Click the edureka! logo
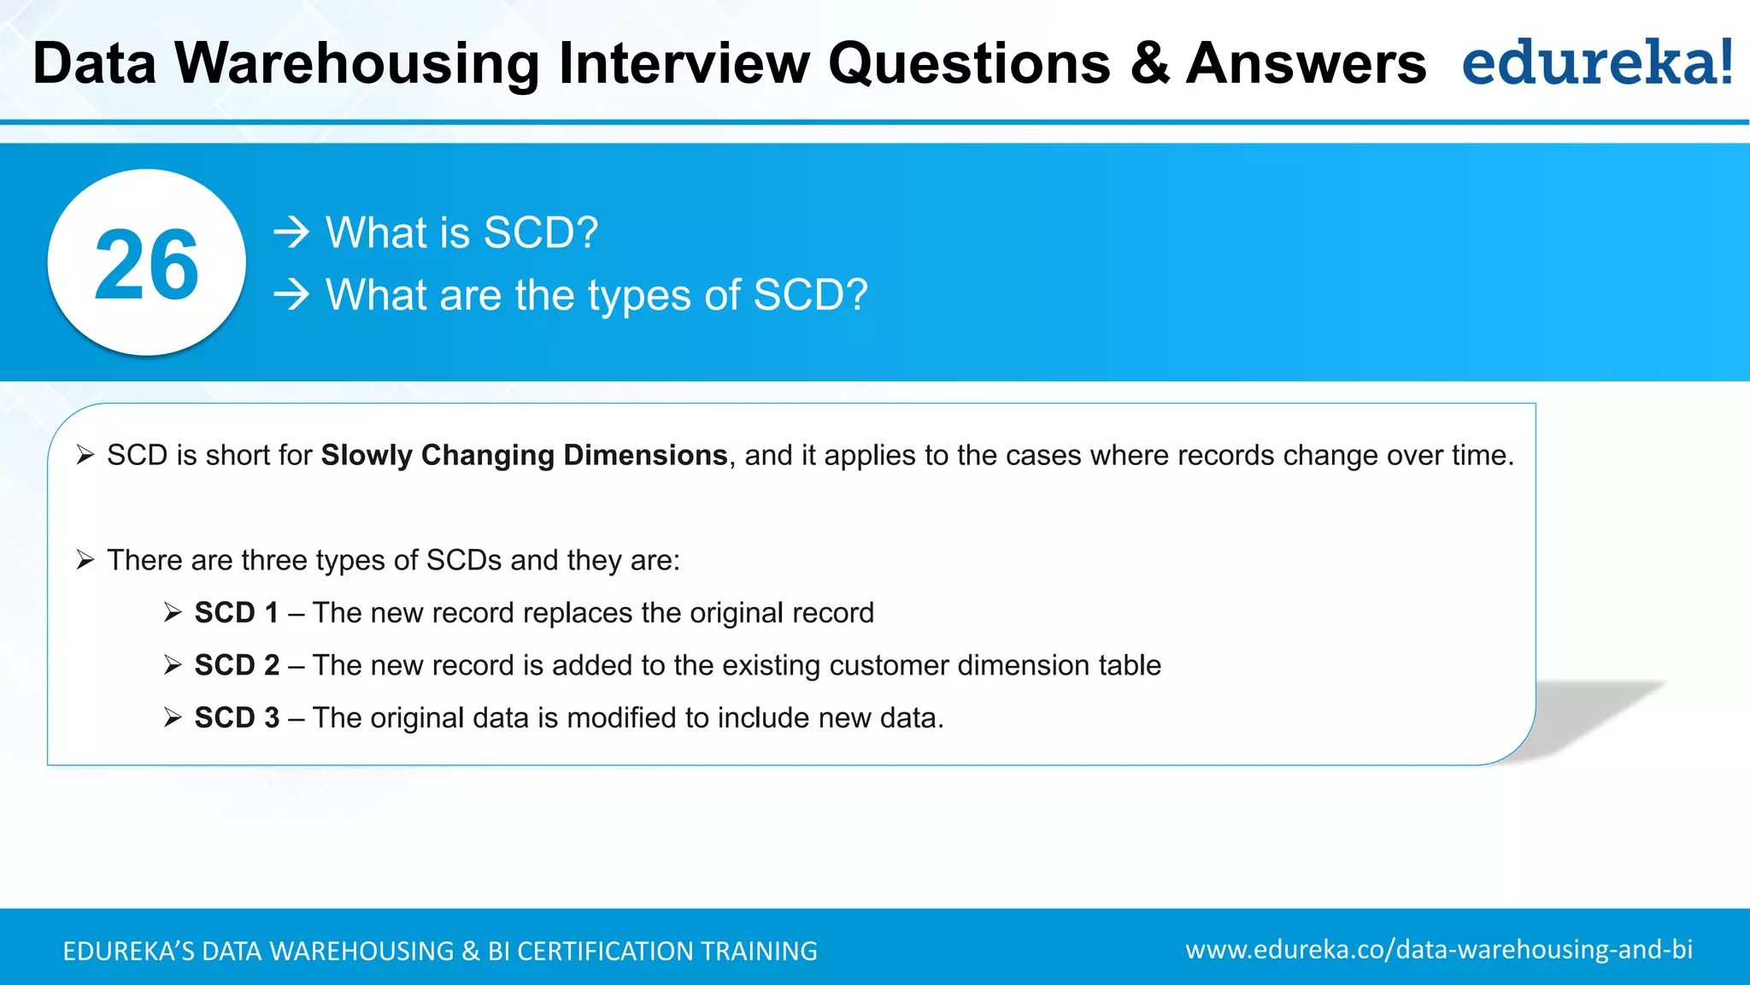pyautogui.click(x=1596, y=63)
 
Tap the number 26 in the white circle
pyautogui.click(x=146, y=265)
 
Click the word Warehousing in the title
pyautogui.click(x=356, y=64)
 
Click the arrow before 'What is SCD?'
pyautogui.click(x=291, y=233)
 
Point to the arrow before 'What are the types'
pyautogui.click(x=291, y=295)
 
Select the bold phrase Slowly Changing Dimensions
pyautogui.click(x=524, y=455)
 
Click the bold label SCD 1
pyautogui.click(x=236, y=612)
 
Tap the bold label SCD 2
pyautogui.click(x=237, y=665)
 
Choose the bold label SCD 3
pyautogui.click(x=237, y=717)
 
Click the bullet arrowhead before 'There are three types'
pyautogui.click(x=85, y=560)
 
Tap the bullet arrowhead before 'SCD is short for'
pyautogui.click(x=85, y=455)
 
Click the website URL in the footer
pyautogui.click(x=1439, y=950)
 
